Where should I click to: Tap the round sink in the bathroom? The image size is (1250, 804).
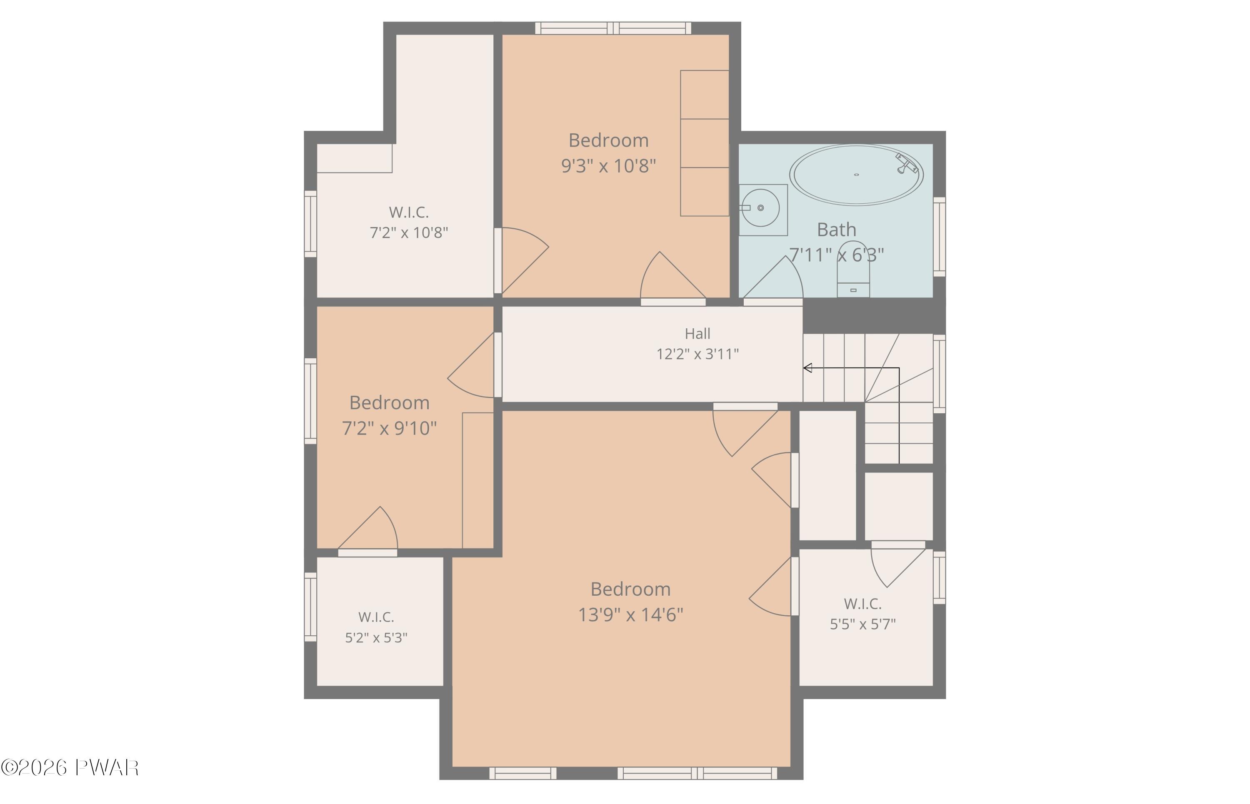point(761,208)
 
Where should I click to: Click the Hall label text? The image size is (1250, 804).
point(697,334)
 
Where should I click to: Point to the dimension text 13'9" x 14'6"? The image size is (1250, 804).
point(630,614)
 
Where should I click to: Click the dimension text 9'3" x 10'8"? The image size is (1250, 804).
point(608,166)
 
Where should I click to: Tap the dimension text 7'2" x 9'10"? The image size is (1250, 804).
point(389,428)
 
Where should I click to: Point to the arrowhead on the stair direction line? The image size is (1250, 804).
point(807,368)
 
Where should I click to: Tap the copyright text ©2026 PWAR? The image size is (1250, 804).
point(70,767)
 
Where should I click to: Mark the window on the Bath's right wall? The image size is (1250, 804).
point(939,237)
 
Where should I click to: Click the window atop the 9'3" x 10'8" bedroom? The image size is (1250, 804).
point(613,28)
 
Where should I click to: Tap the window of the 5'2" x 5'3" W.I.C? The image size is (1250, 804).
point(310,607)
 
